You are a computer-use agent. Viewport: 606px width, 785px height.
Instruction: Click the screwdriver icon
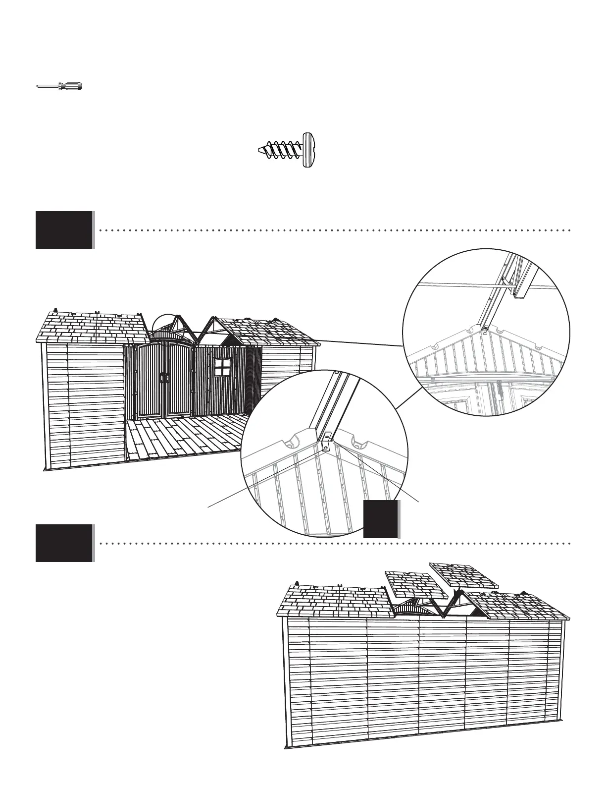pyautogui.click(x=59, y=86)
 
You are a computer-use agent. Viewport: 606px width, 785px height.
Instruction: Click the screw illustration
pyautogui.click(x=287, y=151)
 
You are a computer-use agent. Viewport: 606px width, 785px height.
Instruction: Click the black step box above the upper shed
pyautogui.click(x=64, y=230)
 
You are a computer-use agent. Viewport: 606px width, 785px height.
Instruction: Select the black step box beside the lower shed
pyautogui.click(x=64, y=543)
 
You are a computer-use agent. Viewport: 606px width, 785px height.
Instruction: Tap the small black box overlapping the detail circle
pyautogui.click(x=381, y=519)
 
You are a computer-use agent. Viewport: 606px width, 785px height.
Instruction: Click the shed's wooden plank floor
pyautogui.click(x=188, y=436)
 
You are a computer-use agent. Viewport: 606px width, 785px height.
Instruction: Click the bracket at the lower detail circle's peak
pyautogui.click(x=326, y=442)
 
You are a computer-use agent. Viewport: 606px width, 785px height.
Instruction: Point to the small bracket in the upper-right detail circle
pyautogui.click(x=485, y=328)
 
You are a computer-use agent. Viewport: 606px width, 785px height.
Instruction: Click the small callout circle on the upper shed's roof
pyautogui.click(x=166, y=325)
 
